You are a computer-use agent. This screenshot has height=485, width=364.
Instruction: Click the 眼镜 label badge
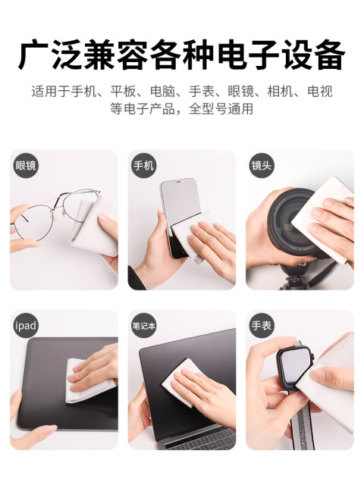[26, 165]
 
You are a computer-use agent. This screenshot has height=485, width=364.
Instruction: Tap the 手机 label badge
[143, 165]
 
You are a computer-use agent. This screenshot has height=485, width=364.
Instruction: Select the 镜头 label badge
[262, 165]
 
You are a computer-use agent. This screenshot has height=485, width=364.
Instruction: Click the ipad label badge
[26, 325]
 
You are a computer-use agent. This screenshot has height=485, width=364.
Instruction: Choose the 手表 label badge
[262, 325]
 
